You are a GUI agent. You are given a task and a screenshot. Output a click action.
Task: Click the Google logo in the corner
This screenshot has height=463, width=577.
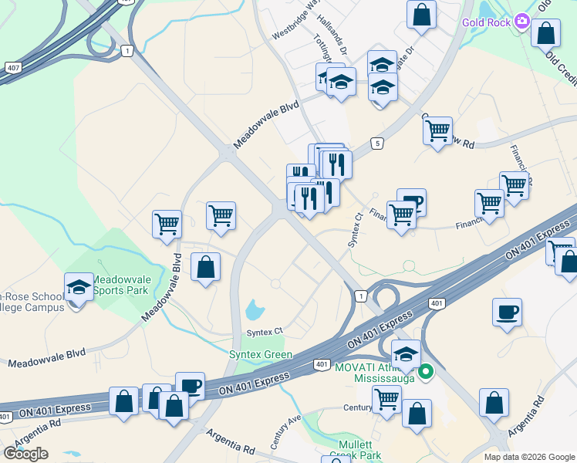click(25, 453)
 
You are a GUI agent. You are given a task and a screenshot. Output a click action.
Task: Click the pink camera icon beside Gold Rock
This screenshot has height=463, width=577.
click(522, 21)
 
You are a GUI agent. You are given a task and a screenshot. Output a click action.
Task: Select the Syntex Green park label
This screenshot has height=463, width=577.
click(261, 354)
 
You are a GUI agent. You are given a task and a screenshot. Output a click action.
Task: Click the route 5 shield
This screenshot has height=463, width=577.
click(376, 143)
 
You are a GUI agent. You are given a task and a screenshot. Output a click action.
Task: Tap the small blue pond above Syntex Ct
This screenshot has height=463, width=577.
click(254, 311)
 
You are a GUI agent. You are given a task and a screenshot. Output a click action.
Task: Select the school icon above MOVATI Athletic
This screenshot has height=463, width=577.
click(406, 354)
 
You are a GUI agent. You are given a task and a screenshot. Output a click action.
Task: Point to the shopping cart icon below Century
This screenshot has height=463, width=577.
click(386, 399)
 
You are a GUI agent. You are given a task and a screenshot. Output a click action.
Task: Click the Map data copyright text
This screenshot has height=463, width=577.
click(528, 457)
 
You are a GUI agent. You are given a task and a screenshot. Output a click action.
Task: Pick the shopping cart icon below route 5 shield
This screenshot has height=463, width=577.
click(437, 130)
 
